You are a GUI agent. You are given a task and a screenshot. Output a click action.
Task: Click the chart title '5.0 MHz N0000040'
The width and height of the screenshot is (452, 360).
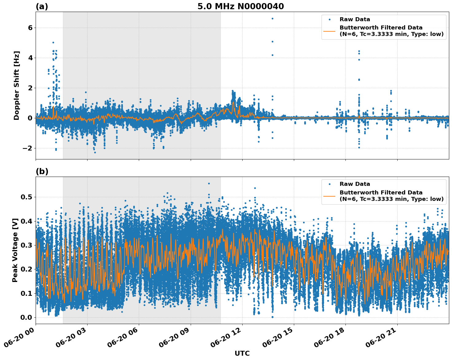pos(240,6)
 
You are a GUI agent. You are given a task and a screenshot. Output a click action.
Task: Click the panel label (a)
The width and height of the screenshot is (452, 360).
pos(42,6)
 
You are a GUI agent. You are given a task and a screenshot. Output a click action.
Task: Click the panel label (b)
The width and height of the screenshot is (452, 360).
pos(42,171)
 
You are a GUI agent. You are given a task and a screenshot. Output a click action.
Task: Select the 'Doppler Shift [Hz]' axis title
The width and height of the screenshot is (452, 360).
pos(17,85)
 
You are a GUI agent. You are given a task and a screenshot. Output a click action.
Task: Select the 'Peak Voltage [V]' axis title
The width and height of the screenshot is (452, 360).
pos(15,250)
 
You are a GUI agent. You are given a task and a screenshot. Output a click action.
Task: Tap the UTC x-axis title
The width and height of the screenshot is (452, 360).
pos(242,353)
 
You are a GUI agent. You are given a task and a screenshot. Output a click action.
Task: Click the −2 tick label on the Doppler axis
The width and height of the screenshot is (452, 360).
pos(27,148)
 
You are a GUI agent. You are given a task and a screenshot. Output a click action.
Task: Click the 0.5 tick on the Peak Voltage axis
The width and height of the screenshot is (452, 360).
pos(26,197)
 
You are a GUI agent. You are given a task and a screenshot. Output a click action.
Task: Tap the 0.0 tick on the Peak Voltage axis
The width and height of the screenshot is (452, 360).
pos(26,317)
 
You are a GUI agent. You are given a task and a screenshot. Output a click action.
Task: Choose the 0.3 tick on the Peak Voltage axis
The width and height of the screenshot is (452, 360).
pos(26,245)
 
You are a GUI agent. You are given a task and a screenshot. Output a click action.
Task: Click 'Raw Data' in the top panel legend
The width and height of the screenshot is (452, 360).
pos(355,19)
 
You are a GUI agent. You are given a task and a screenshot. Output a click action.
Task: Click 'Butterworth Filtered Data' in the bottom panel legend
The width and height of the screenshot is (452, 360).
pos(381,193)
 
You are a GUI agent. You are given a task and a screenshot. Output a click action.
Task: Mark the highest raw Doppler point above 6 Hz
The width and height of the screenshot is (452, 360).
pos(272,18)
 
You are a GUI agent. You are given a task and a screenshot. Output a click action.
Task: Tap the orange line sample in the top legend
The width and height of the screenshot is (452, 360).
pos(329,31)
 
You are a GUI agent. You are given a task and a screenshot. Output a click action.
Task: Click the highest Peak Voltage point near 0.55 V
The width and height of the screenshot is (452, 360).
pos(209,183)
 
